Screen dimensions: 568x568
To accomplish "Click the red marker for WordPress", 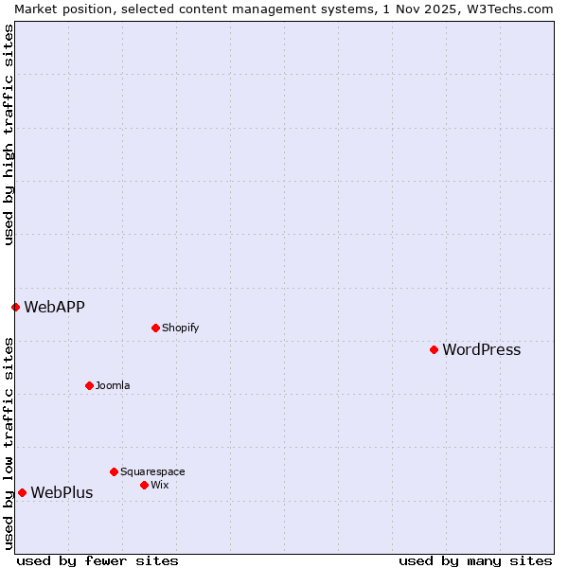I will pyautogui.click(x=434, y=349).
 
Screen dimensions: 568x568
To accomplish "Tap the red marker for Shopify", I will pyautogui.click(x=155, y=328).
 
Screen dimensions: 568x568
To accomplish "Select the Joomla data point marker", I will pyautogui.click(x=89, y=385).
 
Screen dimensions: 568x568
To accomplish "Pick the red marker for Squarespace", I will pyautogui.click(x=114, y=471).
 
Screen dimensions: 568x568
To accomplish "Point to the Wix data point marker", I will pyautogui.click(x=144, y=485).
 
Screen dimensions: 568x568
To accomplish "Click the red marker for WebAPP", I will pyautogui.click(x=15, y=307).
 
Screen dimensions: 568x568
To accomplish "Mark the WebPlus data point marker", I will pyautogui.click(x=22, y=492).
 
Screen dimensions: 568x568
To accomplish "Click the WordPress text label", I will pyautogui.click(x=481, y=350).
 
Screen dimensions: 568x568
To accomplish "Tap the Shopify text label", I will pyautogui.click(x=180, y=328).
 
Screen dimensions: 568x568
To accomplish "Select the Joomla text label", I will pyautogui.click(x=113, y=386).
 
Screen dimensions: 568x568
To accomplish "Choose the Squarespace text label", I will pyautogui.click(x=152, y=472).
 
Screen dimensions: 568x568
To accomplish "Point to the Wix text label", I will pyautogui.click(x=159, y=486).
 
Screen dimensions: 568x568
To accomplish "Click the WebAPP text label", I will pyautogui.click(x=54, y=307).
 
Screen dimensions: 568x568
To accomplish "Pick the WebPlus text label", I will pyautogui.click(x=62, y=492).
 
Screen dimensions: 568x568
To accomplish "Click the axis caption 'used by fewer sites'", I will pyautogui.click(x=98, y=560).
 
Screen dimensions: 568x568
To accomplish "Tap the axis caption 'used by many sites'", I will pyautogui.click(x=475, y=560).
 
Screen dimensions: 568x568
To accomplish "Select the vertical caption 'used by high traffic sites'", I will pyautogui.click(x=9, y=134).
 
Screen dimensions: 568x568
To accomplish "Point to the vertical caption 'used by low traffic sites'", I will pyautogui.click(x=9, y=443).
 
